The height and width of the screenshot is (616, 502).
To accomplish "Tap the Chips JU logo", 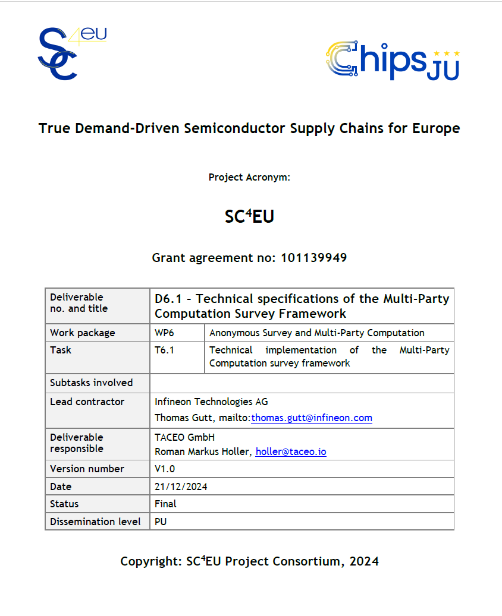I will tap(392, 61).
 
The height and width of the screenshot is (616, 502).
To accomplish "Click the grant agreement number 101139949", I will tap(313, 258).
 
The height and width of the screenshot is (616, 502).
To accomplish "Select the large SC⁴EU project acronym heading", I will tap(249, 217).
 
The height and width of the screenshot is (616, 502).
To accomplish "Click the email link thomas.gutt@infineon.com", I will tap(311, 418).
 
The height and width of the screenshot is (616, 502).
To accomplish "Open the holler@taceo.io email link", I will tap(291, 451).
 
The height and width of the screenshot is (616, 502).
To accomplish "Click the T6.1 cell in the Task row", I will tap(164, 350).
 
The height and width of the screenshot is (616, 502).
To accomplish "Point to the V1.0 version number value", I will tap(165, 469).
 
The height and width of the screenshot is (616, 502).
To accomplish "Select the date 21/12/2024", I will tap(181, 487).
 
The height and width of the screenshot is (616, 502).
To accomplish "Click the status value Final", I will tap(165, 504).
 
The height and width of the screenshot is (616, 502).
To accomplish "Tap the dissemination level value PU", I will tap(161, 522).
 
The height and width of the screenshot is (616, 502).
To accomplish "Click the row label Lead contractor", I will tap(87, 402).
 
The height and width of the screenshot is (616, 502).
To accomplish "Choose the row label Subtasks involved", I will tap(91, 383).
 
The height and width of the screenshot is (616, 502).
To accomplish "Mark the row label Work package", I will tap(82, 333).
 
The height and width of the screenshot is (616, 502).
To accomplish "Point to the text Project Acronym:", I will tap(249, 177).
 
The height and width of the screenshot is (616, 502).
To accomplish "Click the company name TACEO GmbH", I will tap(184, 437).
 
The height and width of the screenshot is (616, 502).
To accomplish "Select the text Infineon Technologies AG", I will tap(211, 402).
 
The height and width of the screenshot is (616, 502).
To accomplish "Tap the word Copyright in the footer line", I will tap(149, 561).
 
